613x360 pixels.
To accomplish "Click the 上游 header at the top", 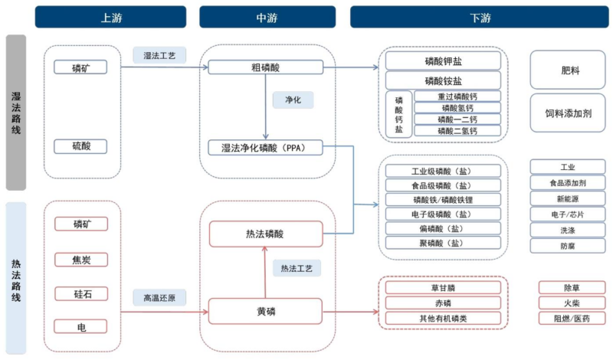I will tap(110, 17).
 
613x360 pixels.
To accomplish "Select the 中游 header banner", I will tap(267, 17).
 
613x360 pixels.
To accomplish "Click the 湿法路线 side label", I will tap(16, 113).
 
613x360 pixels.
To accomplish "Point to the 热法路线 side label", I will tap(16, 279).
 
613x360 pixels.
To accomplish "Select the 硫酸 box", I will tap(80, 146).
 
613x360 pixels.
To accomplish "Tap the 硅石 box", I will tap(80, 293).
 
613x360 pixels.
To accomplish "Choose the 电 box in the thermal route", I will tap(80, 327).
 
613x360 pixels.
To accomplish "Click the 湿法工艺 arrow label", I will tap(159, 55).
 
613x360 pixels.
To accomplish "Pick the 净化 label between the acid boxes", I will tap(293, 100).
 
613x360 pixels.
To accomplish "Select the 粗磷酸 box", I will tap(266, 67).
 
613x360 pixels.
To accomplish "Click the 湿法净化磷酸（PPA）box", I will tap(266, 147).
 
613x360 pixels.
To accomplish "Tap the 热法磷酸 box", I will tap(266, 234).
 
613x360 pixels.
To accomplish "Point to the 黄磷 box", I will tap(266, 312).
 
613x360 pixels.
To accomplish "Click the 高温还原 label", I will tap(159, 298).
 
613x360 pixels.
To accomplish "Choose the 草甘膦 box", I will tap(444, 288).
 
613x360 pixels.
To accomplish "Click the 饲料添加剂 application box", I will tap(570, 113).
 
